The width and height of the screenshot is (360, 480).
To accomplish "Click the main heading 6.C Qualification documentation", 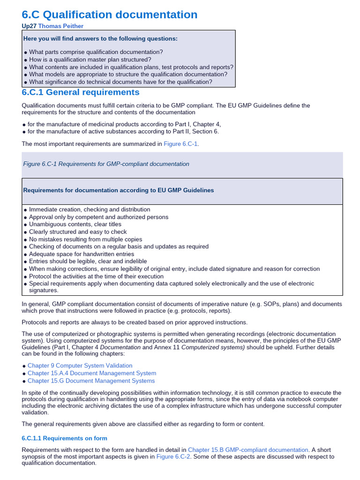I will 110,15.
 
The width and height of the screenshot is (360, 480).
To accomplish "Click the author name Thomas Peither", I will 61,26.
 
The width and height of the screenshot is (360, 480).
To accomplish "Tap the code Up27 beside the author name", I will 29,26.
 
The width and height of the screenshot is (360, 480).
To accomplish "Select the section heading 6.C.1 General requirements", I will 81,92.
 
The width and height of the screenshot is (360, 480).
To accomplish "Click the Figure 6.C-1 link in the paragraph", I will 181,143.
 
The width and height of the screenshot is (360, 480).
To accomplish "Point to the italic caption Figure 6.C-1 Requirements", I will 106,164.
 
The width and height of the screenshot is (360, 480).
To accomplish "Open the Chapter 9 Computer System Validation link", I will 80,365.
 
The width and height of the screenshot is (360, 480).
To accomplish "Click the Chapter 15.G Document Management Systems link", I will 91,381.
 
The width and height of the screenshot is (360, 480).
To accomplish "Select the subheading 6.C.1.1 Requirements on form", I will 65,438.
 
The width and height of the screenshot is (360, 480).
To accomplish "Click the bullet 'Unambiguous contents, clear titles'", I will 75,224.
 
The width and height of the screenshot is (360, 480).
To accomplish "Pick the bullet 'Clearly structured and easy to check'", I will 78,232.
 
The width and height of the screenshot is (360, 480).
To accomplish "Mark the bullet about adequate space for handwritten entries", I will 82,254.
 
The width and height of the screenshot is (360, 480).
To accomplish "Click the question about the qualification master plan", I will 90,60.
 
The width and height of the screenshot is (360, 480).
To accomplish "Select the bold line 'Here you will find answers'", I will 100,38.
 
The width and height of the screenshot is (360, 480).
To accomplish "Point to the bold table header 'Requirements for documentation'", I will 119,190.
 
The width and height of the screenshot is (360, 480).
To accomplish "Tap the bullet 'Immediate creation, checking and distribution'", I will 90,210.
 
